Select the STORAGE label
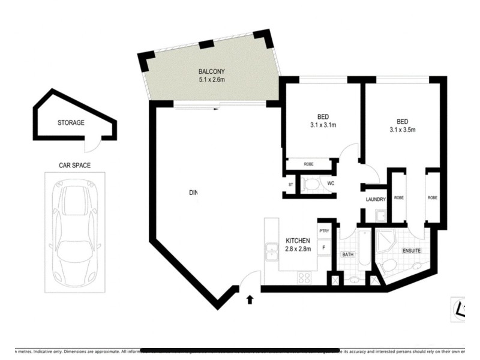coord(71,122)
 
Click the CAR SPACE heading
coord(74,165)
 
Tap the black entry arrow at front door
coord(250,298)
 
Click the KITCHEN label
coord(298,241)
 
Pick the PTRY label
coord(324,231)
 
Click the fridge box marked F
coord(324,246)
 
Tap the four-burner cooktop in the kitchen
coord(304,278)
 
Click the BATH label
coord(347,255)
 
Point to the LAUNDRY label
coord(374,200)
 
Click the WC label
coord(330,184)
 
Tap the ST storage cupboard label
coord(290,185)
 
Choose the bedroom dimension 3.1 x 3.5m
coord(403,129)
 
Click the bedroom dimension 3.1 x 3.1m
coord(323,125)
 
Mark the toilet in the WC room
coord(310,185)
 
